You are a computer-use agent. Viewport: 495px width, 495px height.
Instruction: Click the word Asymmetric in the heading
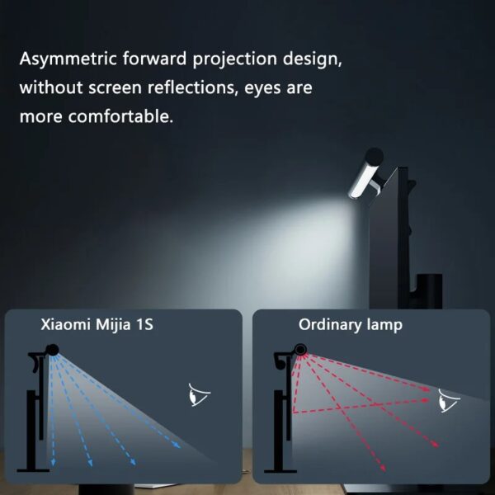point(68,59)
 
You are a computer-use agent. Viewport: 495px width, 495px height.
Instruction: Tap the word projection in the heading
point(234,59)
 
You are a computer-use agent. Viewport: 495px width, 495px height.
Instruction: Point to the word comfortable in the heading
point(120,116)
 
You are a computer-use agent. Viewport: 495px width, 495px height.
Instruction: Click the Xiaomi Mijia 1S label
point(97,324)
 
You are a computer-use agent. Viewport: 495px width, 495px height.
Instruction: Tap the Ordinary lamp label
point(351,325)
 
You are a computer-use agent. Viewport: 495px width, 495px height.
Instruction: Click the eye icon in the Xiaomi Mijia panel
point(199,394)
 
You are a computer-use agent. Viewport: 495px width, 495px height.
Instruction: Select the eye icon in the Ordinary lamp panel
point(450,400)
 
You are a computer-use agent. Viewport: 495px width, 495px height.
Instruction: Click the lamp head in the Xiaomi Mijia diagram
point(53,350)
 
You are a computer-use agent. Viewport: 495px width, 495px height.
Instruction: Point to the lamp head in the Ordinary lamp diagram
point(300,350)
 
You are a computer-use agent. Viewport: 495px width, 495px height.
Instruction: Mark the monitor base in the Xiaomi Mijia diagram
point(33,470)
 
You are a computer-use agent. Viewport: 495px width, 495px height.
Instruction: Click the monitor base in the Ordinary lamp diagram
point(280,471)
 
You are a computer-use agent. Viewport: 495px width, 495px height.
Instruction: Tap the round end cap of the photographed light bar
point(374,157)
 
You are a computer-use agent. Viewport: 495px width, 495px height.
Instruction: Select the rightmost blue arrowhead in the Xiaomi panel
point(177,445)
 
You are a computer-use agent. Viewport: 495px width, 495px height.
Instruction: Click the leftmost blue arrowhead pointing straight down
point(53,463)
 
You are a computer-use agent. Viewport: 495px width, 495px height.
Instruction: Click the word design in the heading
point(312,59)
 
